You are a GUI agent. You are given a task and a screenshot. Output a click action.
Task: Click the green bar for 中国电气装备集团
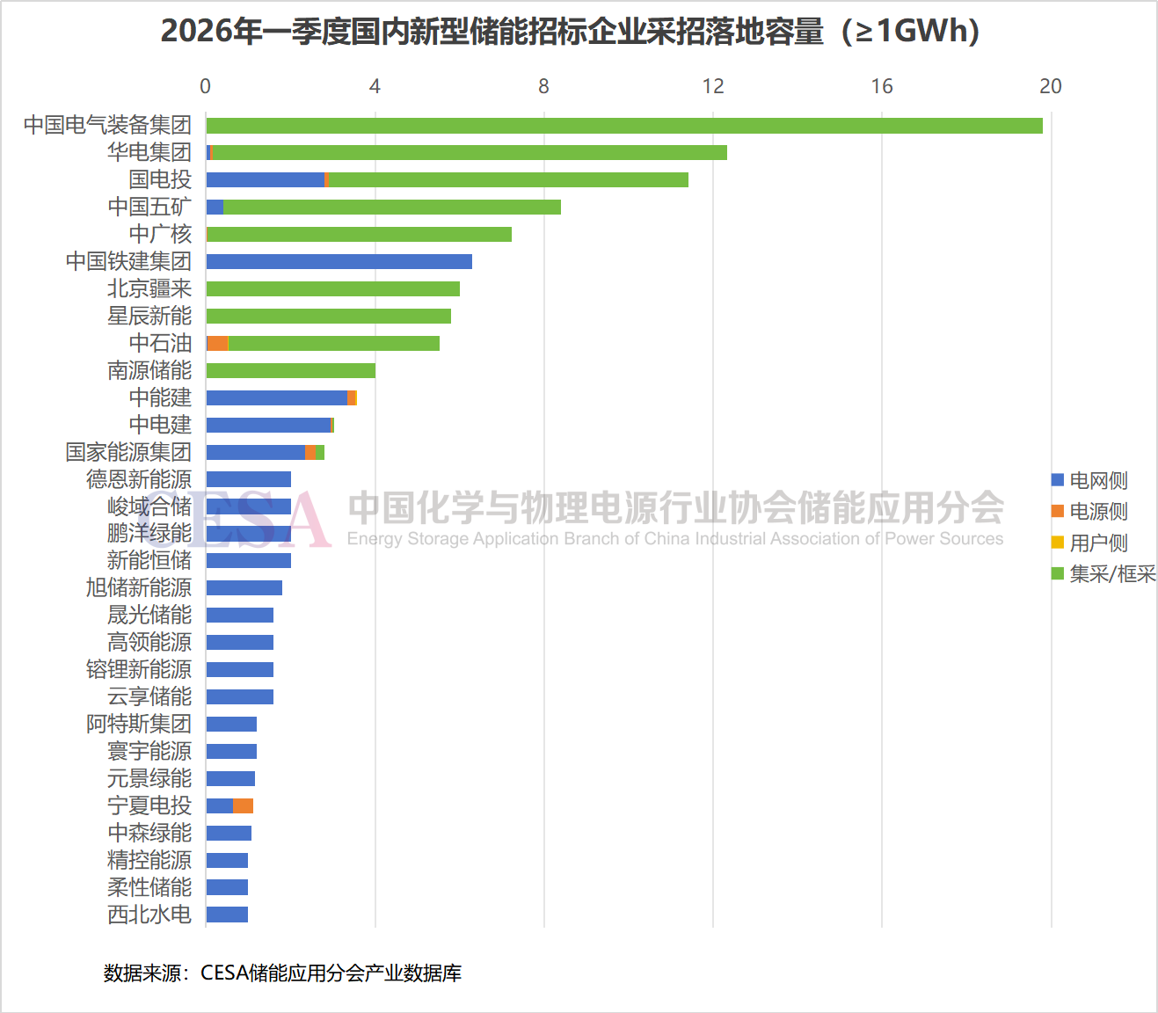tap(624, 126)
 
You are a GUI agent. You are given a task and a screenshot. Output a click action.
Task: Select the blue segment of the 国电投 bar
tap(266, 180)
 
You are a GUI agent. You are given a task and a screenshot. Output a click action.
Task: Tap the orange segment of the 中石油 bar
tap(218, 344)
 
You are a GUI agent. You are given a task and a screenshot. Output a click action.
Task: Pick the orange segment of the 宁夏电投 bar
tap(243, 805)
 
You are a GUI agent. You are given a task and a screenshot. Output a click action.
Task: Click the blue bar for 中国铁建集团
tap(339, 261)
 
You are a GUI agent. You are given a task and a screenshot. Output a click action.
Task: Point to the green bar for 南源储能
tap(291, 371)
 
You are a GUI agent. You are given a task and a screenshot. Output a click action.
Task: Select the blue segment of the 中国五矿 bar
tap(215, 208)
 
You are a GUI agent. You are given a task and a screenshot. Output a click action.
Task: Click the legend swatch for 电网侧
tap(1057, 480)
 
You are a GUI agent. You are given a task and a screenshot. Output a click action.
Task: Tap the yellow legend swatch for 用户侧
tap(1057, 543)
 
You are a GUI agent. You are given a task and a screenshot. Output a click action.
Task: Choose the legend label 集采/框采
tap(1112, 574)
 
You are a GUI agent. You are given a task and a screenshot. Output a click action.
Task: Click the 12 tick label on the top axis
tap(713, 86)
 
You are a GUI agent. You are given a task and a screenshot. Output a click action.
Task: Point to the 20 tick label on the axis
tap(1051, 86)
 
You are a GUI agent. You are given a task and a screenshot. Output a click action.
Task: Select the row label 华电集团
tap(149, 152)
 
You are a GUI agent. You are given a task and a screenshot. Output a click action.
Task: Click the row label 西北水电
tap(149, 915)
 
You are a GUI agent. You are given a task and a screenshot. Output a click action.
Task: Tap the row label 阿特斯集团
tap(139, 724)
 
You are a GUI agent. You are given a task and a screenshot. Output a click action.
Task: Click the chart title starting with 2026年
tap(570, 31)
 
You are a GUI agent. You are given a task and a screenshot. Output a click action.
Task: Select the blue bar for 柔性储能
tap(227, 887)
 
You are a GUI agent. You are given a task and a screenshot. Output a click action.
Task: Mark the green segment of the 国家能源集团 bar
tap(320, 452)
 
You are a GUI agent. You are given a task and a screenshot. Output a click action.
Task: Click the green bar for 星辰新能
tap(329, 317)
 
